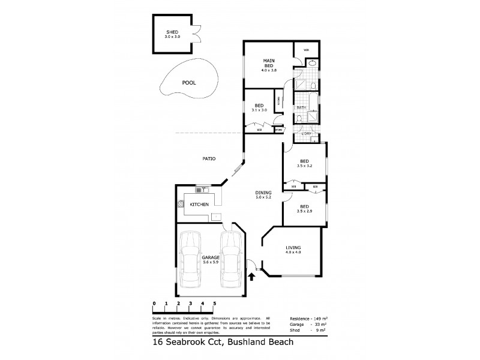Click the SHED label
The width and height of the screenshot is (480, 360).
click(x=173, y=34)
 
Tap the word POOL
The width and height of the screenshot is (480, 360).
click(x=190, y=83)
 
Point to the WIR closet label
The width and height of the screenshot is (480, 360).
click(x=305, y=50)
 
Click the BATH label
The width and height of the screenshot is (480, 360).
click(x=301, y=107)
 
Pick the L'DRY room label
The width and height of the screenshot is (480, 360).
click(x=305, y=133)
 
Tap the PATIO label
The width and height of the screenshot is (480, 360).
click(x=208, y=158)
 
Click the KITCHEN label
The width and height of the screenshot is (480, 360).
click(x=199, y=205)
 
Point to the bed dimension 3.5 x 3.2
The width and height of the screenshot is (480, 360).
click(x=305, y=167)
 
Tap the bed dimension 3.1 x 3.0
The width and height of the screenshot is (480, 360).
click(x=259, y=109)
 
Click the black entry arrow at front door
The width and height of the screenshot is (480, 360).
click(x=251, y=277)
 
